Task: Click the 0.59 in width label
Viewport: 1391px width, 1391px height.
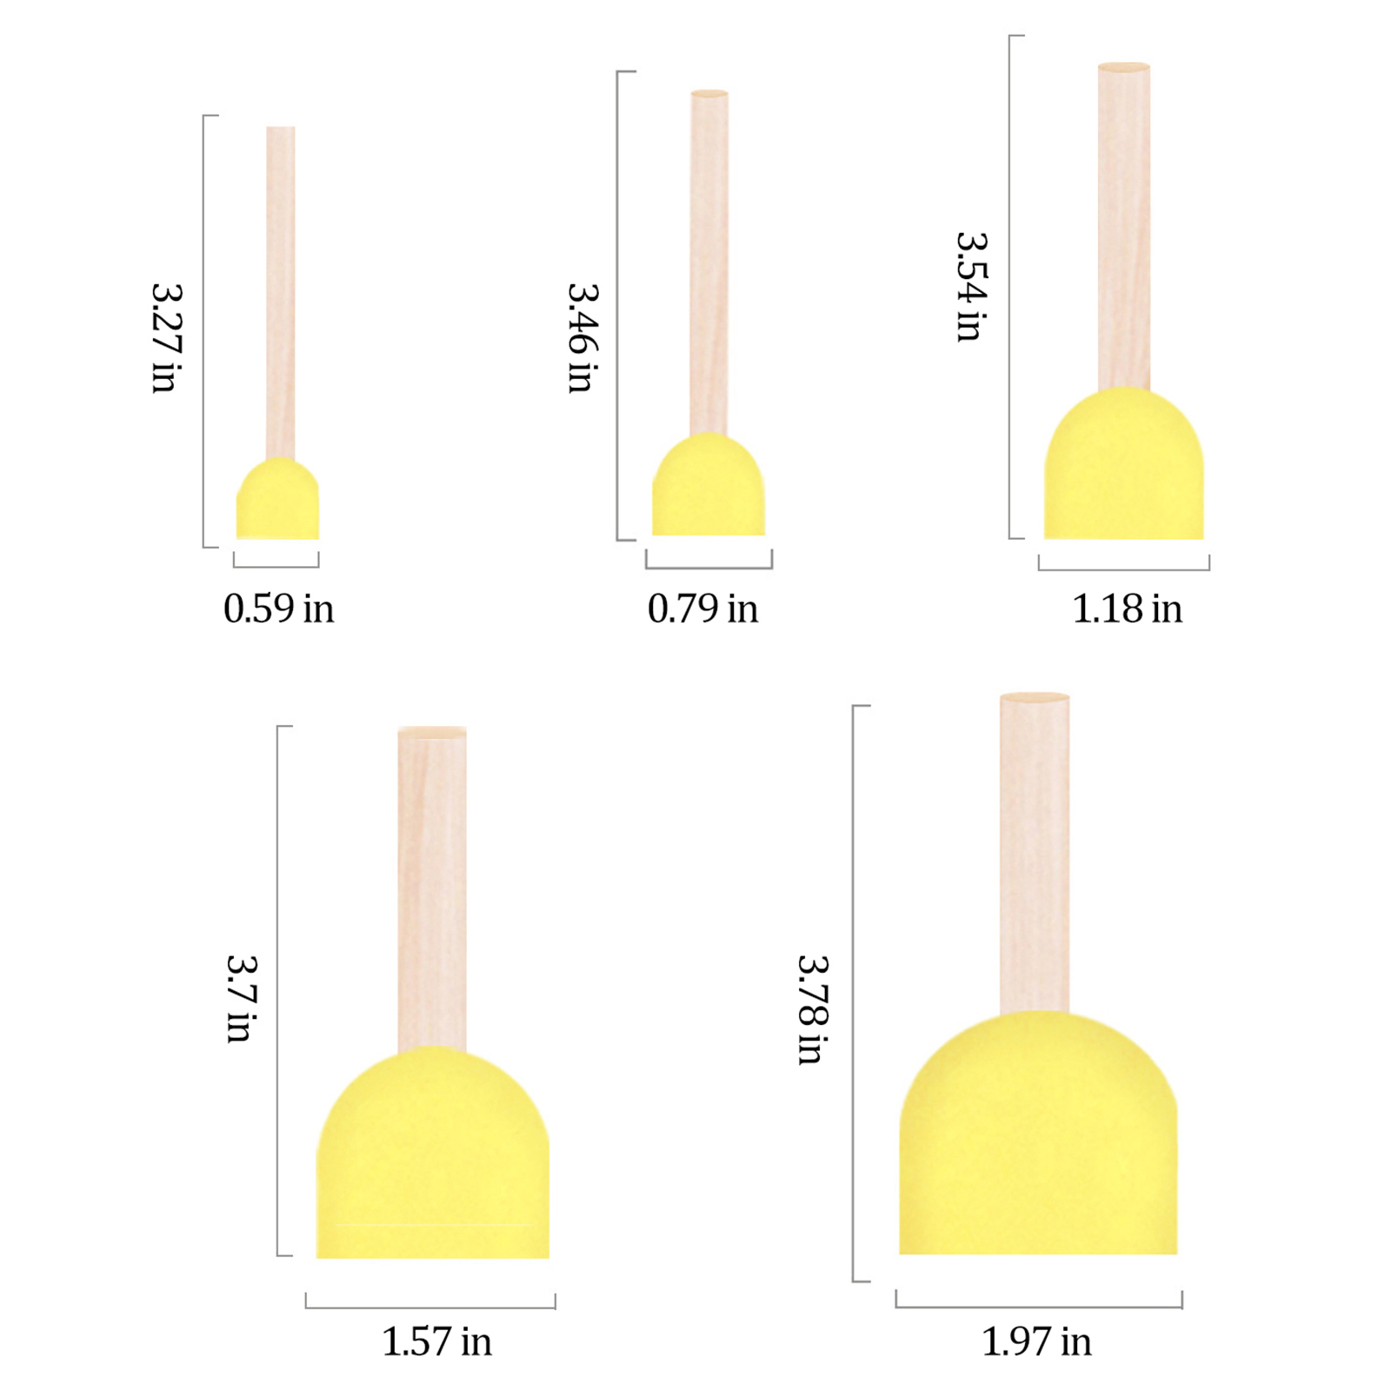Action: point(278,609)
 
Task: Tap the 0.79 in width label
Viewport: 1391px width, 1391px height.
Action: point(702,609)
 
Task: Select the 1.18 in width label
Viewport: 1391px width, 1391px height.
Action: point(1127,609)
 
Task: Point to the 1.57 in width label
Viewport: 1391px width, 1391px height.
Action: point(436,1341)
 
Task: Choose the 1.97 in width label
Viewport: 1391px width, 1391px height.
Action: point(1036,1341)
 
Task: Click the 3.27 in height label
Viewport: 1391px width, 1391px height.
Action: point(166,338)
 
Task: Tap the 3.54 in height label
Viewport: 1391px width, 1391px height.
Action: point(971,287)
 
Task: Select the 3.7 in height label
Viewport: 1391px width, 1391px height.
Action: point(241,998)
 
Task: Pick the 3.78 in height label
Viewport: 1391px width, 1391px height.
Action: point(813,1009)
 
